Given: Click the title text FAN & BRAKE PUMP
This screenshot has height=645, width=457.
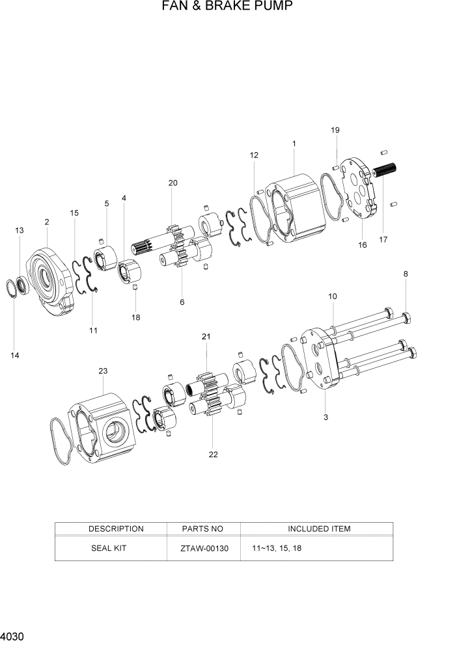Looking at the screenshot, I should (227, 7).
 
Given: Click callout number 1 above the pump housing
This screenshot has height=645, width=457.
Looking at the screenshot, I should (294, 143).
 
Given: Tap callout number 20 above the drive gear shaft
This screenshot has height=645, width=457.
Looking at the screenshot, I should (173, 183).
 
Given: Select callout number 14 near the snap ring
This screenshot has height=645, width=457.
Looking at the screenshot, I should (14, 355).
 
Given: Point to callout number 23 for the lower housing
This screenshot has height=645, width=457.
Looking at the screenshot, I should (102, 371).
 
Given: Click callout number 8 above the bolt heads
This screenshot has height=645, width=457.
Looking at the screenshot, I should (406, 274).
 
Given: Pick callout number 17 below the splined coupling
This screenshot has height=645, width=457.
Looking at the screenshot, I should (383, 239).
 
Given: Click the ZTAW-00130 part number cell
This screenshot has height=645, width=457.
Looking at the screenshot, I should (204, 548).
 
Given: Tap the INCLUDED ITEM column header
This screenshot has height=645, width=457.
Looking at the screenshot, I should (319, 529).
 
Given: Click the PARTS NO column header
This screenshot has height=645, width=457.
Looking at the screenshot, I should (204, 529).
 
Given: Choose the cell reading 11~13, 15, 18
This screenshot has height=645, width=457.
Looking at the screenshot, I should (276, 548).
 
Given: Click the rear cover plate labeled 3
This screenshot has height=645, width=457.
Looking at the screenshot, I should (319, 361).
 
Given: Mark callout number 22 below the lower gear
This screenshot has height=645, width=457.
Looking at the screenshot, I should (213, 454).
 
